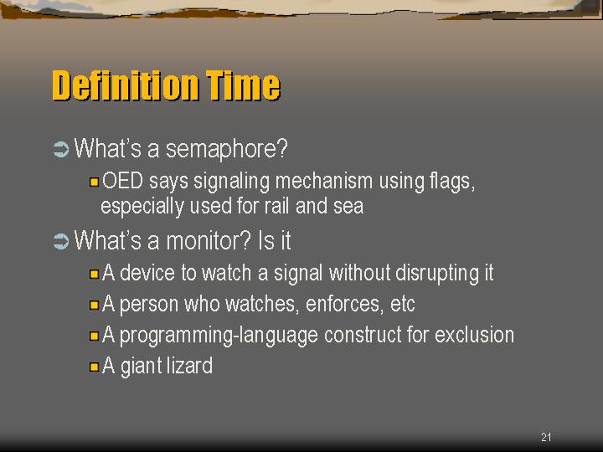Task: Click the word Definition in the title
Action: [x=126, y=85]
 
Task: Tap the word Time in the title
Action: [x=243, y=85]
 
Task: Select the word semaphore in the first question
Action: [x=227, y=149]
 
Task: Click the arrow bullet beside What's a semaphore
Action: [x=61, y=150]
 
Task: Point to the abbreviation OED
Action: [x=122, y=181]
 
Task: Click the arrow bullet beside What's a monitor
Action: [x=61, y=241]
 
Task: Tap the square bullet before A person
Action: [x=94, y=306]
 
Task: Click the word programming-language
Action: [x=219, y=336]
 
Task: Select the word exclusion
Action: [x=475, y=335]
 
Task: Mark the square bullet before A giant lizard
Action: [x=94, y=367]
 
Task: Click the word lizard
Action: [x=189, y=365]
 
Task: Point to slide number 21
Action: [x=546, y=437]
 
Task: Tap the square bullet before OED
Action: [x=94, y=182]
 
